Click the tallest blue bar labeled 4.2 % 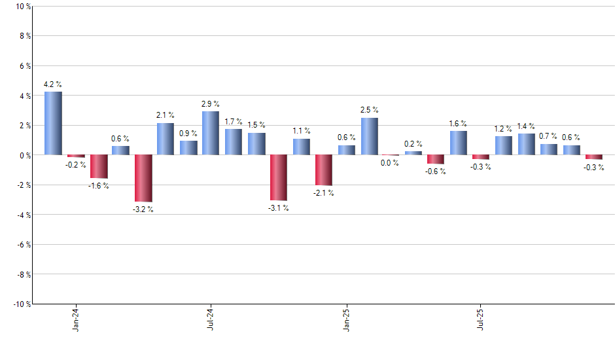[53, 123]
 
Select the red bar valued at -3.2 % [143, 178]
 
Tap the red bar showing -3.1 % [279, 177]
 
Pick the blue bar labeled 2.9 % [211, 133]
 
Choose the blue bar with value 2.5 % [369, 136]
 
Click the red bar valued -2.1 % [324, 170]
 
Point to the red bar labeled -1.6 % [99, 166]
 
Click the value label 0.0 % [390, 163]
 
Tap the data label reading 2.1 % [165, 115]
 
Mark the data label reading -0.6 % [436, 171]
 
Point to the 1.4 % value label [526, 126]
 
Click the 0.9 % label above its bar [188, 133]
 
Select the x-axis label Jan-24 [77, 319]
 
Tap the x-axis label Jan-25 [347, 319]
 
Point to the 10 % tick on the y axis [22, 7]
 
